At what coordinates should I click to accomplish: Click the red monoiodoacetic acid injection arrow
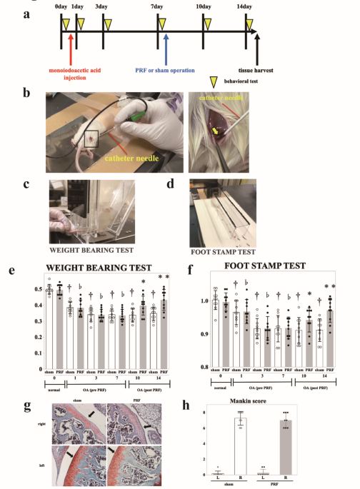coord(71,52)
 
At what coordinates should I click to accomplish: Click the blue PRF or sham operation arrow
coord(166,51)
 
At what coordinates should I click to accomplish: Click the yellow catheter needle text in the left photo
coord(136,151)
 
